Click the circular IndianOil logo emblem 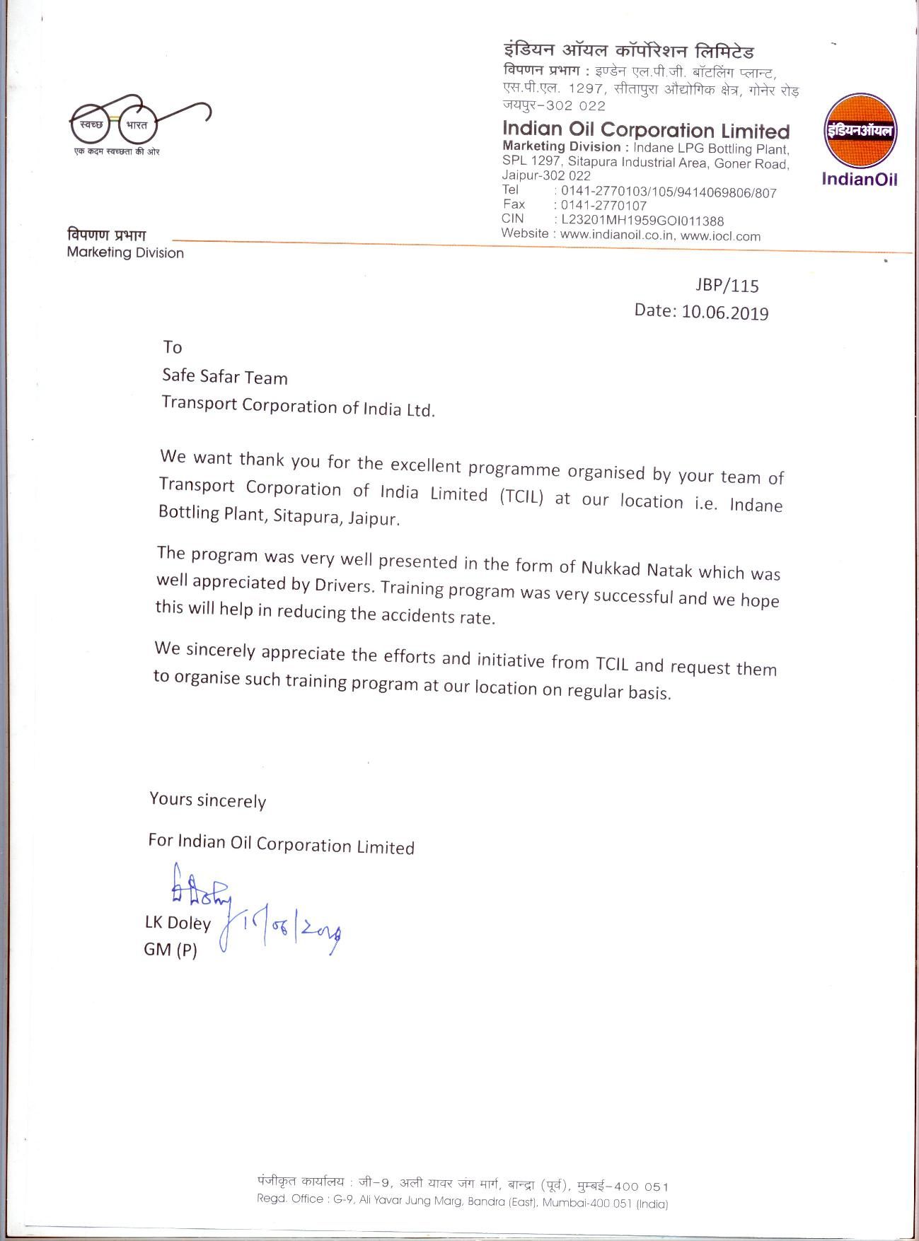860,132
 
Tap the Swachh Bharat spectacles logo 140,120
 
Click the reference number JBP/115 727,286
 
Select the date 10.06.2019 725,313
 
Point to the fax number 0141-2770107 603,206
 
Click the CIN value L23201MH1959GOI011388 642,221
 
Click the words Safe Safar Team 225,377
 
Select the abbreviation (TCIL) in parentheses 521,496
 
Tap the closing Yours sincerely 208,800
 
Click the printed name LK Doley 178,923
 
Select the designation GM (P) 170,950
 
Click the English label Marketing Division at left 125,252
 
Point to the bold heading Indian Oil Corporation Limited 645,131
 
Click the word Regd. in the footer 272,1199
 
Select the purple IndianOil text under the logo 859,180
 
